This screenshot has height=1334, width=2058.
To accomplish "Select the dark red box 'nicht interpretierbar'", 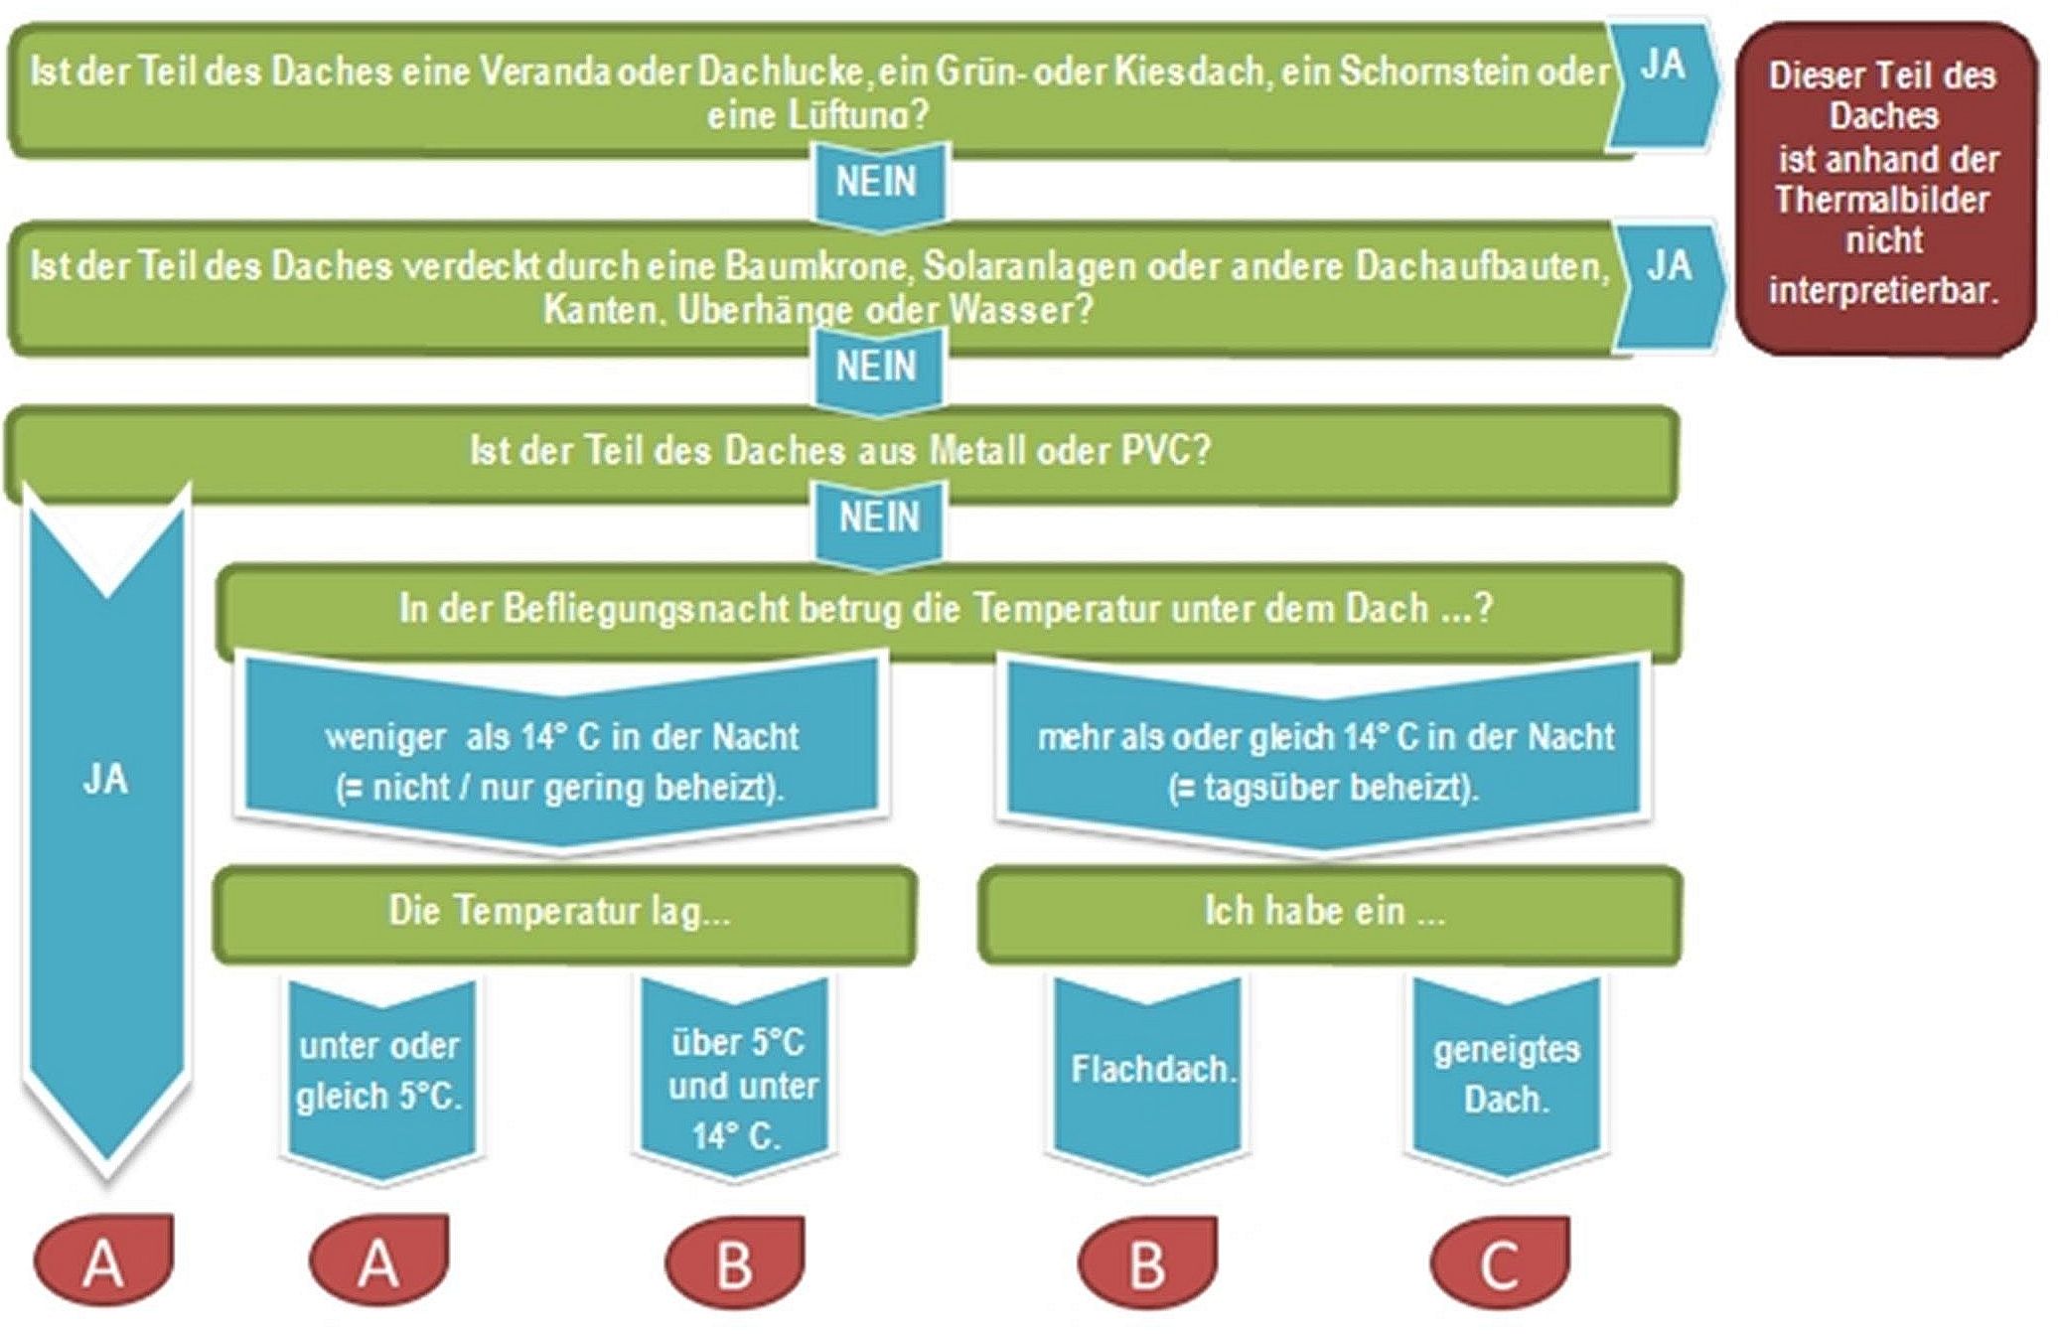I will tap(1884, 189).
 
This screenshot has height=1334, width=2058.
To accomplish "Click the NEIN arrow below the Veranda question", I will tap(877, 184).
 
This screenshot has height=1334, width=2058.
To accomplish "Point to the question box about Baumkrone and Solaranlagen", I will tap(814, 288).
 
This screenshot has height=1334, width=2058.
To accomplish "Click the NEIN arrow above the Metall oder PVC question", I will tap(877, 368).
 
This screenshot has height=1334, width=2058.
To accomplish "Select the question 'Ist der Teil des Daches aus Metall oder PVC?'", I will tap(840, 452).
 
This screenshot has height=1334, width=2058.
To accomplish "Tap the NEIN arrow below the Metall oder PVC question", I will tap(879, 519).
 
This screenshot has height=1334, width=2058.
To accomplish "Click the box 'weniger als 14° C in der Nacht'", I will tap(561, 760).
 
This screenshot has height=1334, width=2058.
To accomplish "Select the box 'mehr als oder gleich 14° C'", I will tap(1324, 760).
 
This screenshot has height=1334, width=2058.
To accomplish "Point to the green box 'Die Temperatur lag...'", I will tap(561, 912).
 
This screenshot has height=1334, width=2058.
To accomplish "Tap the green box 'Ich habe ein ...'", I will tap(1326, 912).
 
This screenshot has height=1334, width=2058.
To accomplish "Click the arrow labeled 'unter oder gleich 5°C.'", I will tap(380, 1073).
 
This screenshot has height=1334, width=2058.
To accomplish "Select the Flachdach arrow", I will tap(1150, 1071).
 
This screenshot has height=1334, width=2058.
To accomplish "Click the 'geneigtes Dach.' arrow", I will tap(1507, 1073).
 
